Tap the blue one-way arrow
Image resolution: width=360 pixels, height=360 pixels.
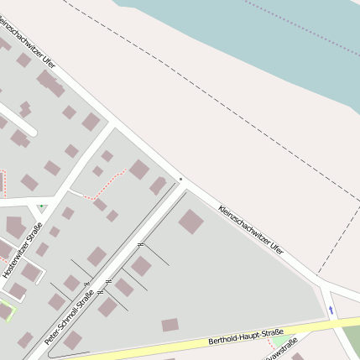pyautogui.click(x=331, y=310)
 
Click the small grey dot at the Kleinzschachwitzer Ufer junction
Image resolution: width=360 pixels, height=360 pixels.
pyautogui.click(x=180, y=179)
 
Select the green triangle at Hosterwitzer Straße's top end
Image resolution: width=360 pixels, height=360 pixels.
pyautogui.click(x=40, y=205)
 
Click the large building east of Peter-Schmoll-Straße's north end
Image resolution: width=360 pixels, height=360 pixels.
pyautogui.click(x=190, y=222)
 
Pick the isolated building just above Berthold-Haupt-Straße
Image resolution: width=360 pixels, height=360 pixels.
pyautogui.click(x=170, y=325)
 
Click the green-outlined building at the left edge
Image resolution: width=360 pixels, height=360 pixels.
pyautogui.click(x=6, y=311)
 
